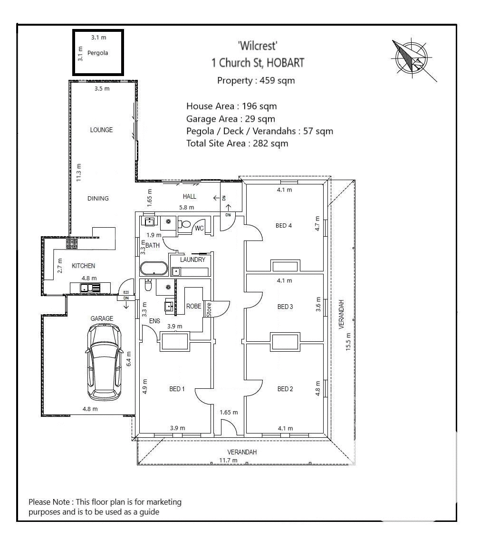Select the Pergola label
click(97, 53)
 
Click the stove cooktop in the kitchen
click(72, 244)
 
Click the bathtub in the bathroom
click(154, 269)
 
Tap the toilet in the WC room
click(186, 224)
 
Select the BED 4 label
click(284, 225)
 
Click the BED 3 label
click(285, 307)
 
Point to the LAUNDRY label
click(192, 260)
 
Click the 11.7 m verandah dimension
click(228, 460)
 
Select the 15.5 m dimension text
click(348, 341)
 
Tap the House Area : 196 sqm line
click(231, 106)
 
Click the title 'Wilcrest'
click(257, 46)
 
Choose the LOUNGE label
click(101, 130)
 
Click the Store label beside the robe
click(208, 309)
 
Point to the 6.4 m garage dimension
click(128, 359)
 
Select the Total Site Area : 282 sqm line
click(237, 143)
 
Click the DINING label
click(98, 198)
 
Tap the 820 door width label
click(126, 293)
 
